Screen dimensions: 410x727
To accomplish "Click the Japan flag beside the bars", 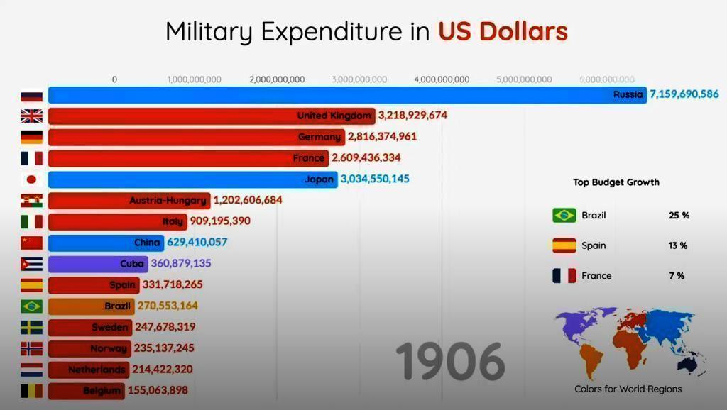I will [32, 179].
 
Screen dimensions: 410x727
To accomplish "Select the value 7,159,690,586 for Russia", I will [684, 94].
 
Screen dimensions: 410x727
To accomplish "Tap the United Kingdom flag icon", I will [32, 116].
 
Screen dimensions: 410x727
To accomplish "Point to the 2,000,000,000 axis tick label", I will [277, 79].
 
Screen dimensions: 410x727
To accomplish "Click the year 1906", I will [450, 361].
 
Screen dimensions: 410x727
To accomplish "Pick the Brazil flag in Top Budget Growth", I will [564, 215].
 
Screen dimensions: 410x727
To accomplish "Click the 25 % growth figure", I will [679, 215].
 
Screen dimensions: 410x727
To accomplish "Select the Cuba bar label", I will [132, 264].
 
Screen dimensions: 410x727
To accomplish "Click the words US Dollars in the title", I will [503, 31].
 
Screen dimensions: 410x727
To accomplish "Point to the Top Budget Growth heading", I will [616, 182].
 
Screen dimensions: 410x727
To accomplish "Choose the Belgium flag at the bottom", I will [32, 391].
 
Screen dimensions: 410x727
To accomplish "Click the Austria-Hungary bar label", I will [168, 201].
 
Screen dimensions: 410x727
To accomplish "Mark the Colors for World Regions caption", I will [628, 389].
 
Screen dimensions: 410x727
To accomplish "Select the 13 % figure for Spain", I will [678, 245].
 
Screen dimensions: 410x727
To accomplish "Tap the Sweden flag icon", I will [32, 328].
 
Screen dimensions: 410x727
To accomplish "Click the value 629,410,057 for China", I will [197, 243].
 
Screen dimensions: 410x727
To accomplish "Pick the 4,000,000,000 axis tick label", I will [442, 79].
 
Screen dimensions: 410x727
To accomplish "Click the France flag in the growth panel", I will [564, 276].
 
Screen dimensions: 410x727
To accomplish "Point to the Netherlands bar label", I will [97, 370].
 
